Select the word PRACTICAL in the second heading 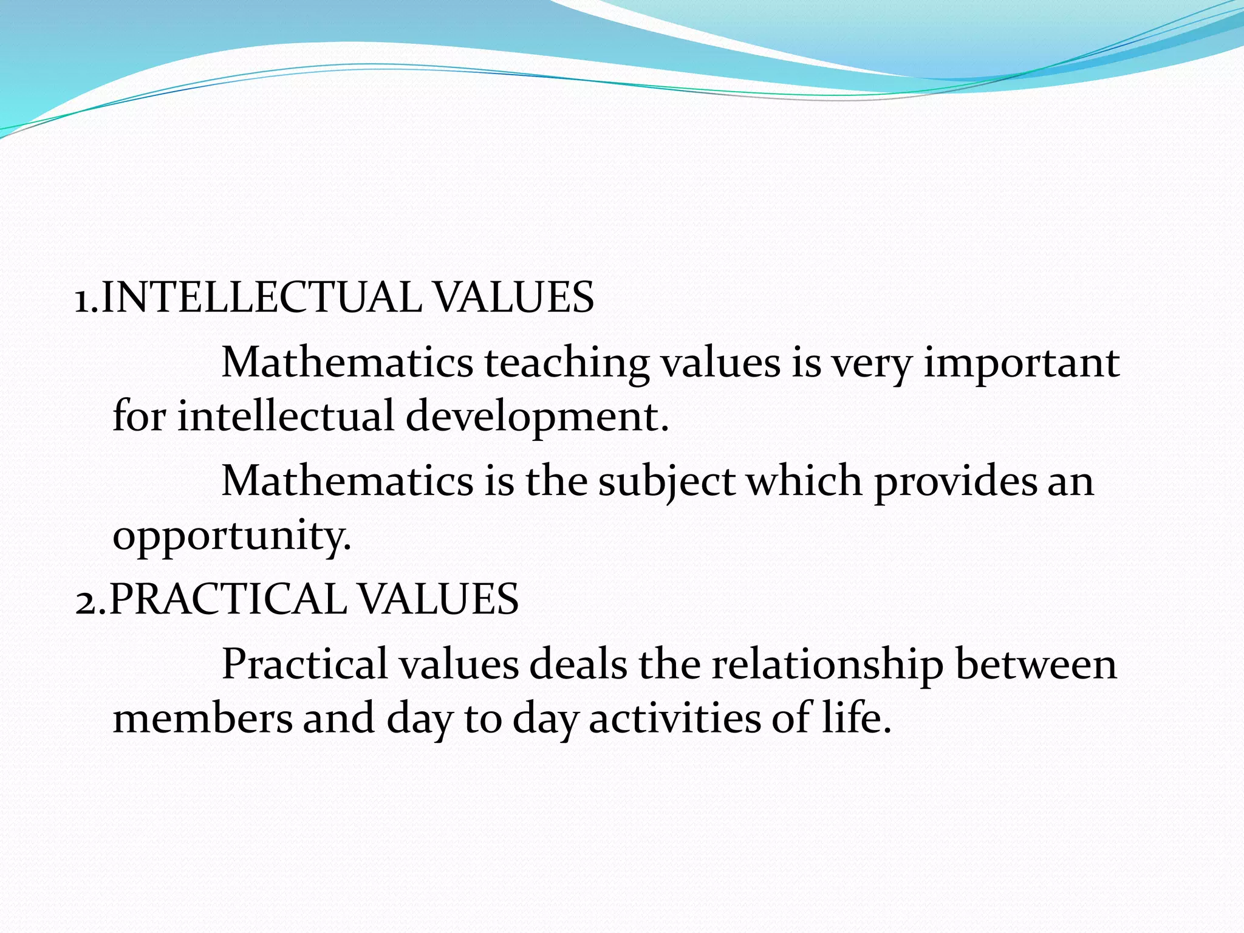click(228, 599)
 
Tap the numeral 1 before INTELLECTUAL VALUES click(82, 299)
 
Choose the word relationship click(827, 664)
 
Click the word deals click(578, 664)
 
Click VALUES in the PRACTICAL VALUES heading click(438, 599)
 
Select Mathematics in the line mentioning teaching click(347, 363)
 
